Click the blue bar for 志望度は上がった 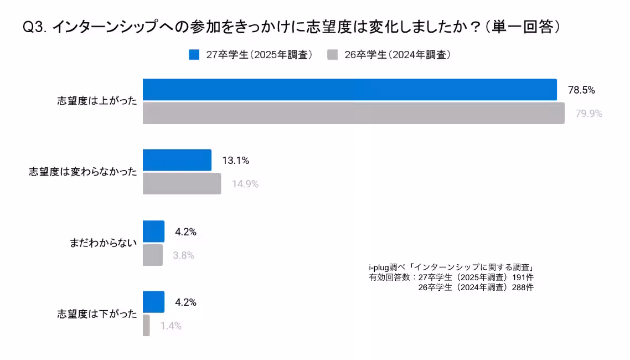coord(349,90)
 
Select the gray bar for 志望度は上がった coord(353,113)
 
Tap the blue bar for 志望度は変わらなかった coord(177,160)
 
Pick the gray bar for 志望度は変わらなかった coord(182,183)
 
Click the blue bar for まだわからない coord(153,232)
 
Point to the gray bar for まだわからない coord(152,255)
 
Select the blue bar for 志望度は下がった coord(153,302)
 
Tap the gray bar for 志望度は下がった coord(146,325)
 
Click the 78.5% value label coord(581,90)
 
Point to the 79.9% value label coord(588,114)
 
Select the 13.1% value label coord(235,161)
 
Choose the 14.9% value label coord(245,184)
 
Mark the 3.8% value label coord(183,255)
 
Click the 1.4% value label coord(171,326)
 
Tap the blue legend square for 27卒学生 coord(194,54)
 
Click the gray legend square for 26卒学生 coord(333,54)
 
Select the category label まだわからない coord(103,243)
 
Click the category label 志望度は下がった coord(97,313)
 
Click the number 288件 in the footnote coord(522,287)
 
